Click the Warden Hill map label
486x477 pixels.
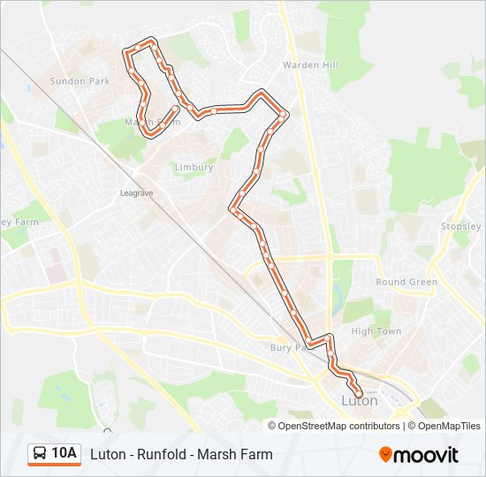pos(305,65)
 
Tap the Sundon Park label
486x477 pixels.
pos(79,81)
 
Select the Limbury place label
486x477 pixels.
pos(194,167)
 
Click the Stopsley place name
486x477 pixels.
pos(462,227)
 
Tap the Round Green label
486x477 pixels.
pos(406,283)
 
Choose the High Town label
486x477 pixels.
pos(376,331)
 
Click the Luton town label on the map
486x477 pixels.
pos(359,400)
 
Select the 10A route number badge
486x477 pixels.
pos(63,454)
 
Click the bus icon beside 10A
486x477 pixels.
pos(40,454)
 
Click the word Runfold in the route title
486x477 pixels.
pos(163,455)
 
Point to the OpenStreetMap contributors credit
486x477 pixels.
pos(335,426)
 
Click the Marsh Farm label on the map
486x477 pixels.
pos(152,122)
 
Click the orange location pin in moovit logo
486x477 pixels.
pos(386,455)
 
